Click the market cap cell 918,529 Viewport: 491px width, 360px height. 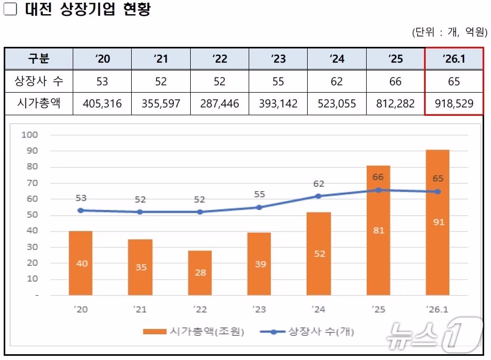[x=454, y=104]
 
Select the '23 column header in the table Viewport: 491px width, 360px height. [x=278, y=58]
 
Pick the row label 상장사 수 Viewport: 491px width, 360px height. [x=39, y=82]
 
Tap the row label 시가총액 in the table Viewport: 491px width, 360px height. [x=39, y=104]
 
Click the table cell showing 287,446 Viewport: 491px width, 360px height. [x=220, y=104]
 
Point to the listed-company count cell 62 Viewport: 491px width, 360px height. [x=337, y=82]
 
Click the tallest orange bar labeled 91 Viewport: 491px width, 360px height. [x=438, y=222]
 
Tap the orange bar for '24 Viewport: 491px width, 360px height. [x=319, y=253]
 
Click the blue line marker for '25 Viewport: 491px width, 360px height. [x=378, y=190]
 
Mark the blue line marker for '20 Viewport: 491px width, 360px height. [x=81, y=210]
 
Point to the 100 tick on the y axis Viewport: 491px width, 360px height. [x=30, y=135]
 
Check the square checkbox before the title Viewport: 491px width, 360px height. [x=11, y=10]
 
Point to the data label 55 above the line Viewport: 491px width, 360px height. [x=259, y=195]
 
